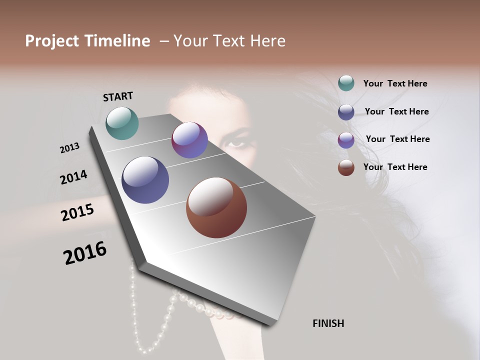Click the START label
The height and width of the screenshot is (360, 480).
coord(118,96)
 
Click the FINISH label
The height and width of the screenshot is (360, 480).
coord(328,323)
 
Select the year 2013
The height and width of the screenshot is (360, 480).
coord(69,148)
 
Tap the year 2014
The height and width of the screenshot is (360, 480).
coord(73,177)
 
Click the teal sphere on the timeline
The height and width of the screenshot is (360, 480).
coord(122,123)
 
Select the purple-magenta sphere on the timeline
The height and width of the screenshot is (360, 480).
coord(189,140)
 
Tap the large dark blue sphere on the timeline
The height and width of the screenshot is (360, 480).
coord(145,180)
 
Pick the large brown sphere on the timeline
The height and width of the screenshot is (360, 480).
coord(216,207)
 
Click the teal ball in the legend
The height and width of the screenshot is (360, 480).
coord(346,83)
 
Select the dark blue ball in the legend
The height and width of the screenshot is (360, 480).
coord(346,111)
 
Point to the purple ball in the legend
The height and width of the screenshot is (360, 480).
coord(346,139)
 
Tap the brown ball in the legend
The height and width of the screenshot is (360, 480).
coord(346,167)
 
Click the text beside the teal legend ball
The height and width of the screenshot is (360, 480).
coord(395,83)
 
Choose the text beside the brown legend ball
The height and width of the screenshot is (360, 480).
coord(395,167)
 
